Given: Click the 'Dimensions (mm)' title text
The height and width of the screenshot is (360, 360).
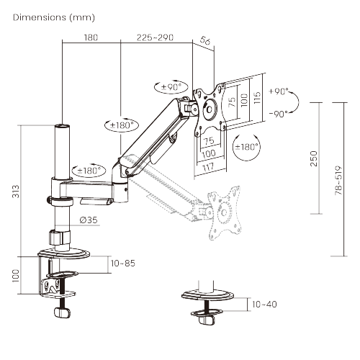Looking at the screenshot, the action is click(x=54, y=17).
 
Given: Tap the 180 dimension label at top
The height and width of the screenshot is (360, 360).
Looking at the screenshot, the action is click(x=91, y=37).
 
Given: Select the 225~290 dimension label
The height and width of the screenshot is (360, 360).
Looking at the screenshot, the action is click(x=155, y=37).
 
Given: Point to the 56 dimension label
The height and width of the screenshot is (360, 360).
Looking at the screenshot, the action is click(x=204, y=40).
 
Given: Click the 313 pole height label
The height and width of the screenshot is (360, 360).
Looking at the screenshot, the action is click(x=16, y=192).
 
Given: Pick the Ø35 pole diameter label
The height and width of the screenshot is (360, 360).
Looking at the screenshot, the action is click(x=89, y=220).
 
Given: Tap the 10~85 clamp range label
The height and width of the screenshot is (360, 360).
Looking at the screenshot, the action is click(x=123, y=264).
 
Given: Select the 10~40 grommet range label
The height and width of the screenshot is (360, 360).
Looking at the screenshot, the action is click(x=264, y=305).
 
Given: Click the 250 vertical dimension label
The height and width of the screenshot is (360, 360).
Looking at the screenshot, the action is click(x=314, y=158).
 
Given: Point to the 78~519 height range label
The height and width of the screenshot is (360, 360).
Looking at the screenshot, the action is click(x=338, y=180).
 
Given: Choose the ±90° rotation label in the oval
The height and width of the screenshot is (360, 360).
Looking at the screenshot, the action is click(x=171, y=87).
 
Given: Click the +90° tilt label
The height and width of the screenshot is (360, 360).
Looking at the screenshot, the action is click(x=279, y=91).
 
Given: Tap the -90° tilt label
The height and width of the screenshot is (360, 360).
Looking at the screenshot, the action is click(x=279, y=114).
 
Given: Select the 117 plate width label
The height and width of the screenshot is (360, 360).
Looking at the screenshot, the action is click(x=208, y=167).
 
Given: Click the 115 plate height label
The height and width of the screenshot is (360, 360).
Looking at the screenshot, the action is click(x=257, y=97).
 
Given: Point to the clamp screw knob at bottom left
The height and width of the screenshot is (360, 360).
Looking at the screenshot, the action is click(x=62, y=312).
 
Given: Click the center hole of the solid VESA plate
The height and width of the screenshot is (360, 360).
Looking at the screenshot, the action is click(x=209, y=109).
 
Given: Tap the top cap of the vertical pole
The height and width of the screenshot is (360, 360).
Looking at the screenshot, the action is click(x=62, y=126).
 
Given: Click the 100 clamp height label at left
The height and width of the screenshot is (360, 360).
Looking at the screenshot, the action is click(x=16, y=276).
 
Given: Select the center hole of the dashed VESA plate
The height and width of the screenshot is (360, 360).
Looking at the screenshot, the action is click(x=224, y=212).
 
